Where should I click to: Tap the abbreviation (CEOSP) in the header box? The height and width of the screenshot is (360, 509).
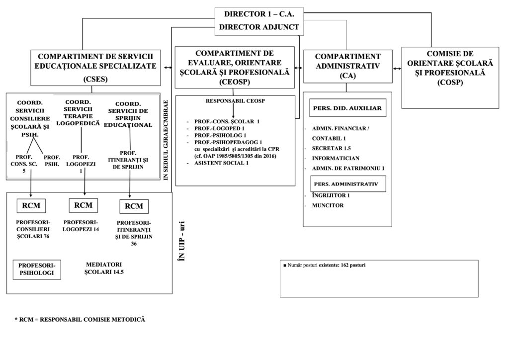234,82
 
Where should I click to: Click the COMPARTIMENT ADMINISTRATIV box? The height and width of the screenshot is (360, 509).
347,66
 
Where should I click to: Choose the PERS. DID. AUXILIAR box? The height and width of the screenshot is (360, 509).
347,108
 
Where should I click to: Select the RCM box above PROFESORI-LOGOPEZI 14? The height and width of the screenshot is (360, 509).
83,205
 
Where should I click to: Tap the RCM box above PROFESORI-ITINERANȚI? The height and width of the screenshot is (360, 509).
133,206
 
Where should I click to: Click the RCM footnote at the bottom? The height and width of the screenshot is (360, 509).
80,319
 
